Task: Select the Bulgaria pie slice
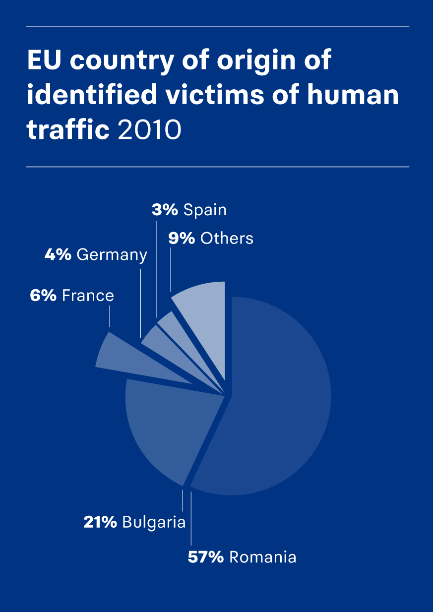point(164,427)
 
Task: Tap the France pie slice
point(119,355)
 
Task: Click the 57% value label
point(206,557)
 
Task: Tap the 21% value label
point(100,522)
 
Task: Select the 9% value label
point(182,239)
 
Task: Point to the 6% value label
point(43,296)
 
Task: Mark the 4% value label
point(59,255)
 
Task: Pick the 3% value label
point(165,210)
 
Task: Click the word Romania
point(262,557)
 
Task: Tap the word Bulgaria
point(154,522)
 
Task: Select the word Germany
point(112,255)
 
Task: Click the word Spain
point(205,210)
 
